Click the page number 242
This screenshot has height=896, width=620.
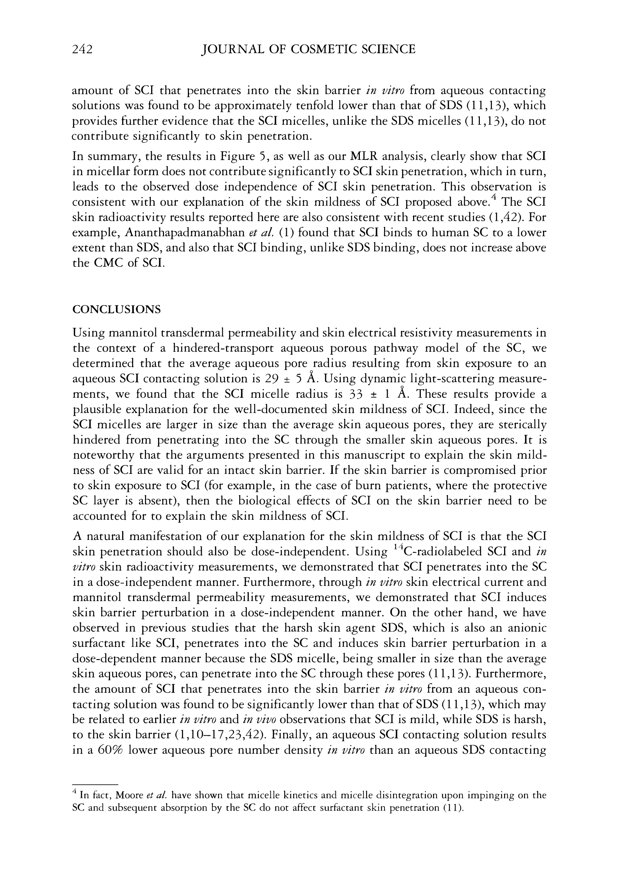[x=82, y=49]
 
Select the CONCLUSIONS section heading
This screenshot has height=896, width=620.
[x=117, y=310]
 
